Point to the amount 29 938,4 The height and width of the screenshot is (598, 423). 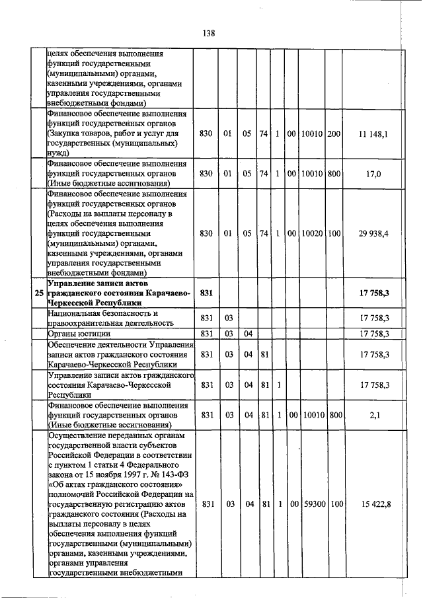[x=373, y=234]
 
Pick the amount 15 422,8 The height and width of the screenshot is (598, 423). [x=373, y=504]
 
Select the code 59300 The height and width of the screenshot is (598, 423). [x=311, y=504]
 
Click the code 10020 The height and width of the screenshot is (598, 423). [x=311, y=234]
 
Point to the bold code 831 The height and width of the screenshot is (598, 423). [x=206, y=293]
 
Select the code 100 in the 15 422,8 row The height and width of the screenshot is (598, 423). [x=334, y=504]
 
